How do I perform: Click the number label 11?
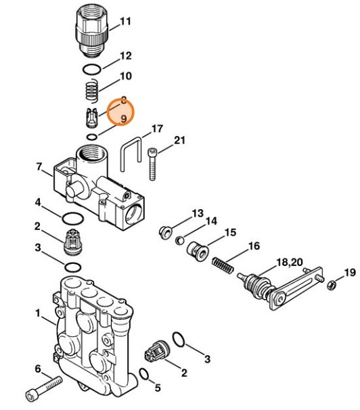[125, 22]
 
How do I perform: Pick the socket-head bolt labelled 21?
[154, 162]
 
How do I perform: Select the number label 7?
[39, 166]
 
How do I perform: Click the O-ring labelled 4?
[73, 218]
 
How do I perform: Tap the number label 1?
[39, 314]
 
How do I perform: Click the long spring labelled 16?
[223, 264]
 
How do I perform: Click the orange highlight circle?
[120, 111]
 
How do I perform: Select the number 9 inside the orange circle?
[123, 119]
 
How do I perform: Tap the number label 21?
[179, 141]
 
